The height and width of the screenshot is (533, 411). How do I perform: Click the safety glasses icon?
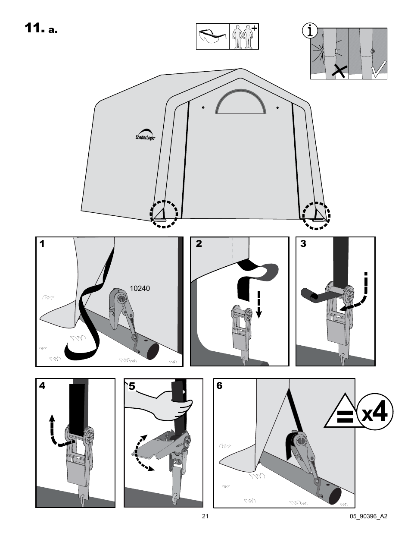(212, 37)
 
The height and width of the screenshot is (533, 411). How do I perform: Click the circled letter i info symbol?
(310, 31)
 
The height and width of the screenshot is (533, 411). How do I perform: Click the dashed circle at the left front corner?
(164, 214)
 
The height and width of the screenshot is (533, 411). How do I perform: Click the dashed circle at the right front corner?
(316, 214)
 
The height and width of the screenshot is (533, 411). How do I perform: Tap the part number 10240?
(140, 288)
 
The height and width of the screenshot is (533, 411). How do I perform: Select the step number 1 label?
(42, 244)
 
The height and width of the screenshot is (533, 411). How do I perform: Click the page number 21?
(205, 516)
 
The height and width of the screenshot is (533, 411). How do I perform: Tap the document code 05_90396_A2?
(368, 516)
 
